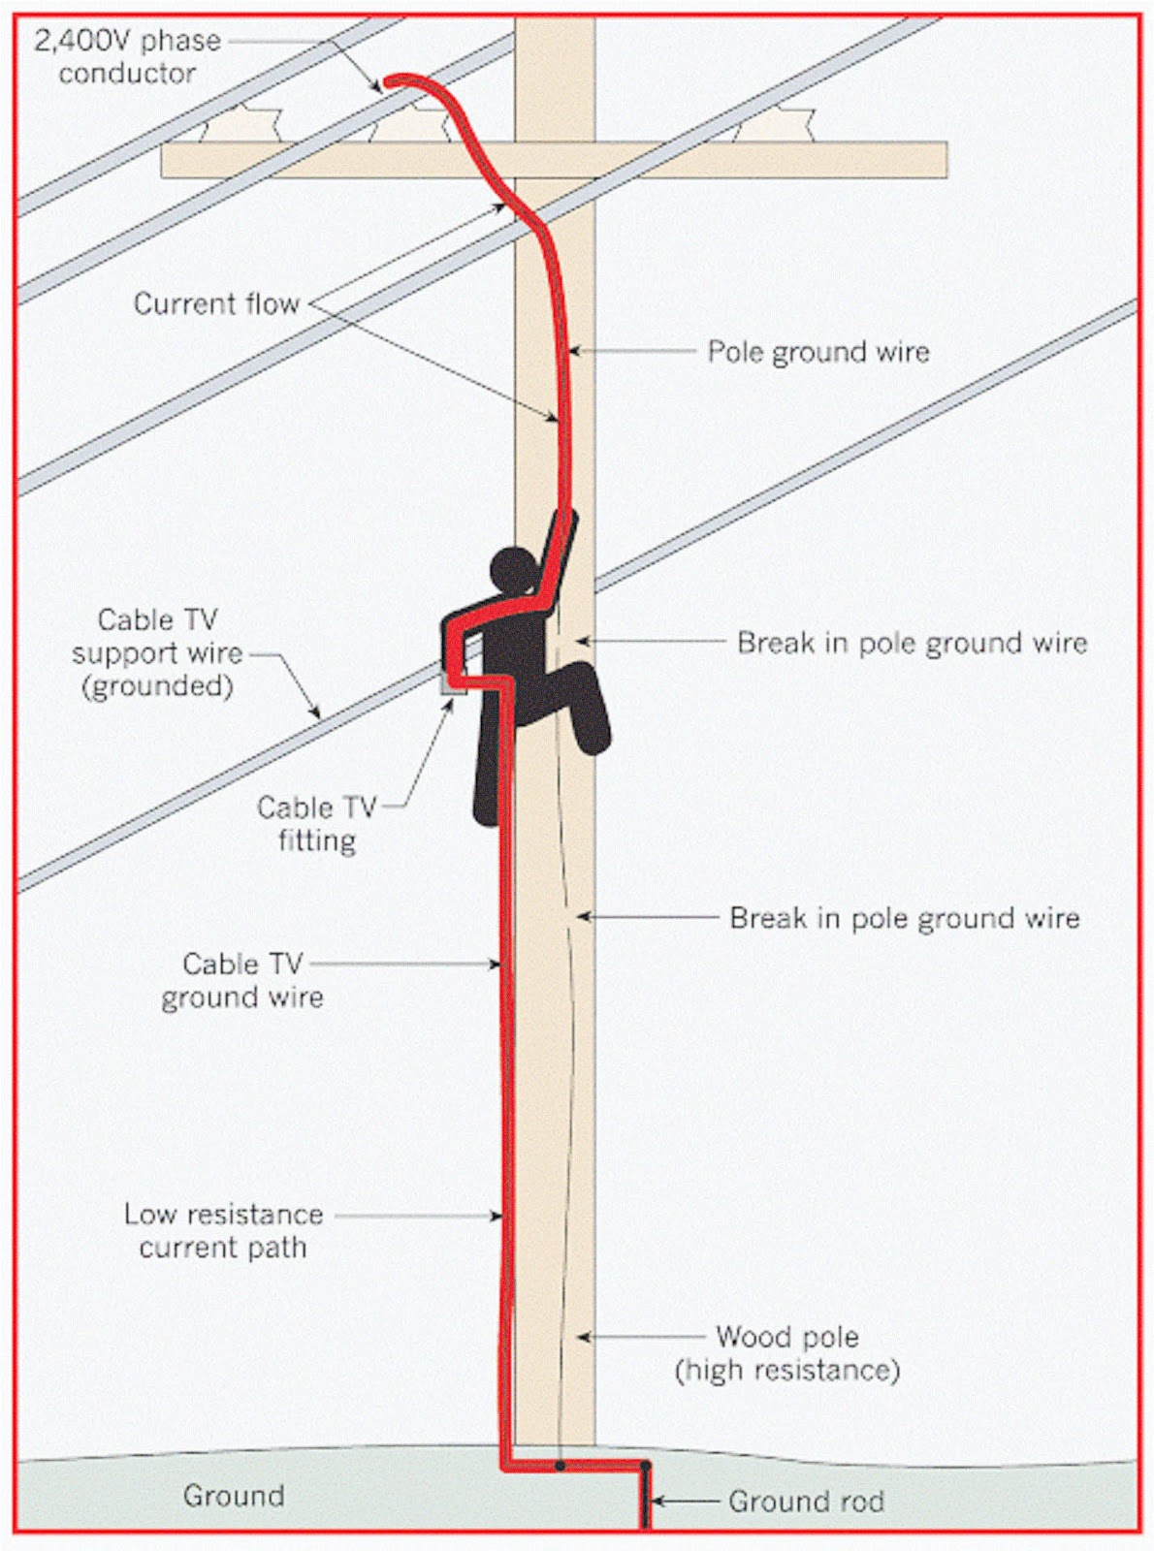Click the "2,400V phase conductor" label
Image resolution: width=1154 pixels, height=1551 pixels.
click(127, 56)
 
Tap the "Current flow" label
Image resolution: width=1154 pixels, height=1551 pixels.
click(216, 303)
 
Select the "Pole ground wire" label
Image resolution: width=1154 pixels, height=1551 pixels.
click(817, 351)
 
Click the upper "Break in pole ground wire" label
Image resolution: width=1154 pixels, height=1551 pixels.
click(912, 642)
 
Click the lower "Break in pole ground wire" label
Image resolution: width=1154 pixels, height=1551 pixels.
click(904, 918)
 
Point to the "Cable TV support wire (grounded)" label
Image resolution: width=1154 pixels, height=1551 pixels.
click(157, 652)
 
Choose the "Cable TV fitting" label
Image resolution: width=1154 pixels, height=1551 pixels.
click(316, 823)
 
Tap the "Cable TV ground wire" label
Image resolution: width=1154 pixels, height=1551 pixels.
click(242, 980)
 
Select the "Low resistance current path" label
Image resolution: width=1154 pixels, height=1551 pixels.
click(223, 1230)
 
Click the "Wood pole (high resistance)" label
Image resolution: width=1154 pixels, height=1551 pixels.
click(787, 1353)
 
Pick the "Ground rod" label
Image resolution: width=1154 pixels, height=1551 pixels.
click(806, 1502)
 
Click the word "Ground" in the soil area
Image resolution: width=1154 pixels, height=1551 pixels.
click(234, 1496)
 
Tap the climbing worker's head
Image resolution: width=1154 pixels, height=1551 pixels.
click(513, 571)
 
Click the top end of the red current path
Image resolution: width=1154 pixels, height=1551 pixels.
click(389, 82)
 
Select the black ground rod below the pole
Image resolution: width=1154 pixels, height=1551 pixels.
click(645, 1498)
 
